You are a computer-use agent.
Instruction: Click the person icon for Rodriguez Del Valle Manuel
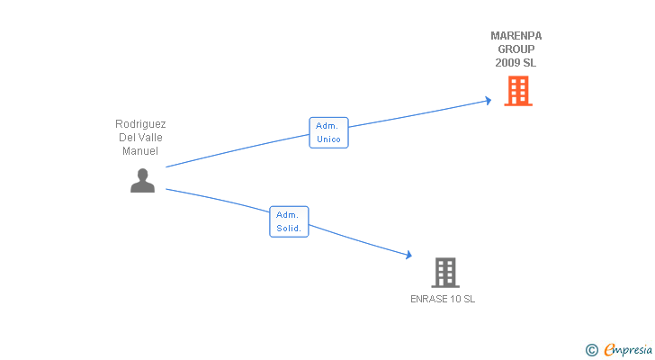click(142, 180)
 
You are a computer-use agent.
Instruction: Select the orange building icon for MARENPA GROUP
click(517, 91)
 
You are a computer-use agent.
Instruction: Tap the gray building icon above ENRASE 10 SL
click(444, 272)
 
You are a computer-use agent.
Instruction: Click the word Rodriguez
click(140, 124)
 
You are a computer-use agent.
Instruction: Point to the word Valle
click(149, 138)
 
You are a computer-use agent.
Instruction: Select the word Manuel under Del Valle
click(140, 151)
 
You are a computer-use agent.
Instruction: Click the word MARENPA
click(516, 36)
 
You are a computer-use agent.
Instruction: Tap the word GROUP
click(516, 49)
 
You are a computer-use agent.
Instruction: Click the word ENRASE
click(427, 299)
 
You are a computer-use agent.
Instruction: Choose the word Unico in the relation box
click(328, 139)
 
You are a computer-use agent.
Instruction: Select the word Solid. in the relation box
click(289, 229)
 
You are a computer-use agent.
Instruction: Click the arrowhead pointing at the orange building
click(488, 100)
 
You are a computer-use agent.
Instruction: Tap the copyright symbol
click(591, 349)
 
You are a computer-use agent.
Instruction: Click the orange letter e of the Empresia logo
click(609, 349)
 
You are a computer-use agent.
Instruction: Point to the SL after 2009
click(529, 63)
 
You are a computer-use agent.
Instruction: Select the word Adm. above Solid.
click(289, 215)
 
